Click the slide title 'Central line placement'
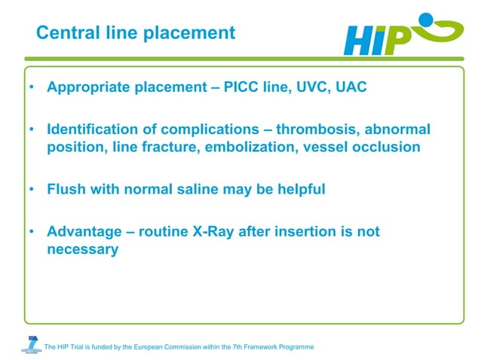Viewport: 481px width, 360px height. pyautogui.click(x=136, y=33)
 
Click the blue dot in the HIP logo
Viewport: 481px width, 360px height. pyautogui.click(x=427, y=19)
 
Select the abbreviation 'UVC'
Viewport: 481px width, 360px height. pyautogui.click(x=309, y=87)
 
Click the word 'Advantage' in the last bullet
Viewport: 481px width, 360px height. pyautogui.click(x=84, y=232)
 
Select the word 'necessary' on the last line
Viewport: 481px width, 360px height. pyautogui.click(x=82, y=249)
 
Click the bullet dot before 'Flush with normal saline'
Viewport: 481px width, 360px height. pyautogui.click(x=32, y=190)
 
